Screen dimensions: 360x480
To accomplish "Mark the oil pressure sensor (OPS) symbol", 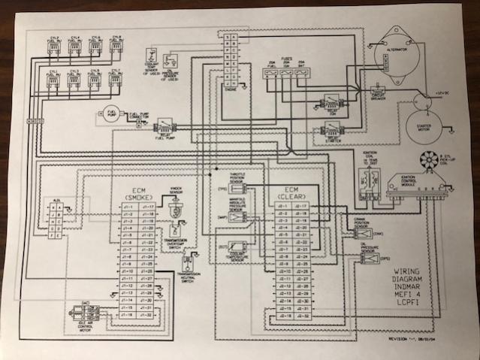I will click(369, 258).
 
